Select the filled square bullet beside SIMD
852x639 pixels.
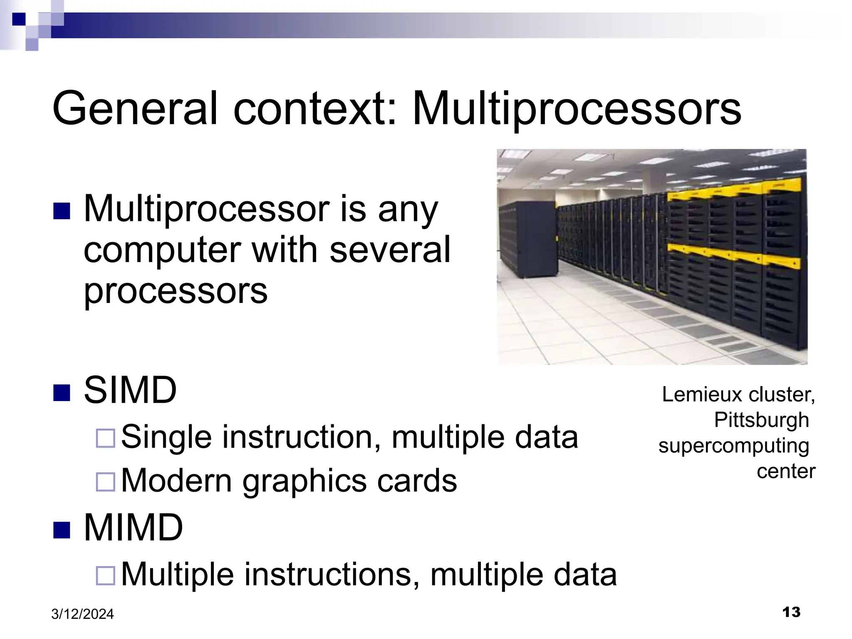pyautogui.click(x=62, y=393)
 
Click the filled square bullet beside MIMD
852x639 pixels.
pyautogui.click(x=62, y=530)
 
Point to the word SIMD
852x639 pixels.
pyautogui.click(x=130, y=390)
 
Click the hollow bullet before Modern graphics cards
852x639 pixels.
pyautogui.click(x=105, y=482)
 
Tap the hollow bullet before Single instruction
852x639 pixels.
pyautogui.click(x=105, y=438)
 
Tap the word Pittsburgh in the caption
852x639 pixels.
pyautogui.click(x=761, y=420)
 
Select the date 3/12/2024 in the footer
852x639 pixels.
pyautogui.click(x=82, y=614)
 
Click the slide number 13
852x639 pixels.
pyautogui.click(x=791, y=612)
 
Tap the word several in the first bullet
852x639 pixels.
pyautogui.click(x=390, y=250)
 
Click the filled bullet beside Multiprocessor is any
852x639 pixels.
pyautogui.click(x=62, y=211)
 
